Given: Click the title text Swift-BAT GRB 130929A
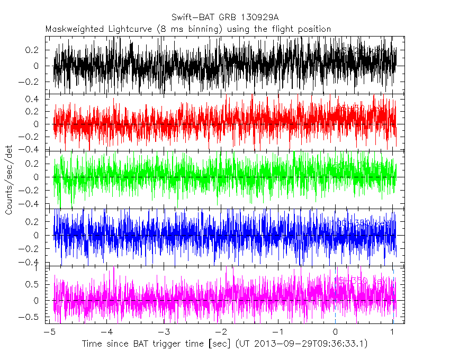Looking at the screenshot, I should (x=224, y=18).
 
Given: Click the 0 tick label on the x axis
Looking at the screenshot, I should (x=336, y=332).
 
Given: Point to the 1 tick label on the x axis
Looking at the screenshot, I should (x=393, y=332).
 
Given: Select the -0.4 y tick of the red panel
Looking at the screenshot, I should (x=32, y=149).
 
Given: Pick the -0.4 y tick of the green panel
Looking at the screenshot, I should (x=32, y=204).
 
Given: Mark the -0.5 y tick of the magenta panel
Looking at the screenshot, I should (x=32, y=317).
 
